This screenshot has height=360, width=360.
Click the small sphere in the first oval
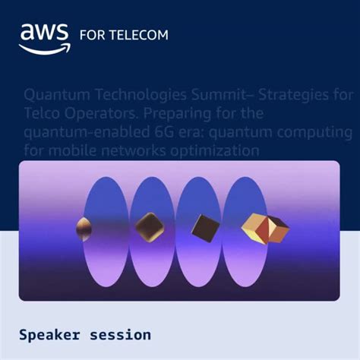coord(85,226)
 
